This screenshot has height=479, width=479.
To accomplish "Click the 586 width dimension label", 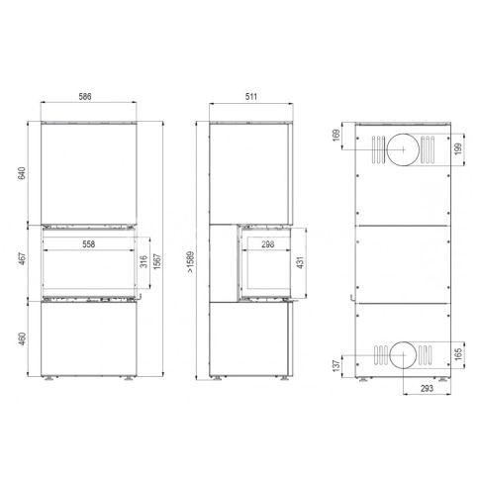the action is [x=85, y=97].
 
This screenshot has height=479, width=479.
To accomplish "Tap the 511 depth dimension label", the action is [x=251, y=97].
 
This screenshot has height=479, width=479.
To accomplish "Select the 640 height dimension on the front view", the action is [x=22, y=173].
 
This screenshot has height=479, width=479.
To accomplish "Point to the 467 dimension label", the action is [x=22, y=259].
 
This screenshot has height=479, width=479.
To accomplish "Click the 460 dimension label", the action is [x=22, y=338].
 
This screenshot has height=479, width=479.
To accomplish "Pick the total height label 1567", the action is [x=157, y=261].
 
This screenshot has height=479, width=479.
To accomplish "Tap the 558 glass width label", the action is [x=89, y=244].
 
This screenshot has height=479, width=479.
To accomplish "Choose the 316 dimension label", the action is [x=144, y=261].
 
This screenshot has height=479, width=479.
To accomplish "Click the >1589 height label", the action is [x=191, y=262].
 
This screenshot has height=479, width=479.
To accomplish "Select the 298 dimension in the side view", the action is [x=267, y=244].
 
